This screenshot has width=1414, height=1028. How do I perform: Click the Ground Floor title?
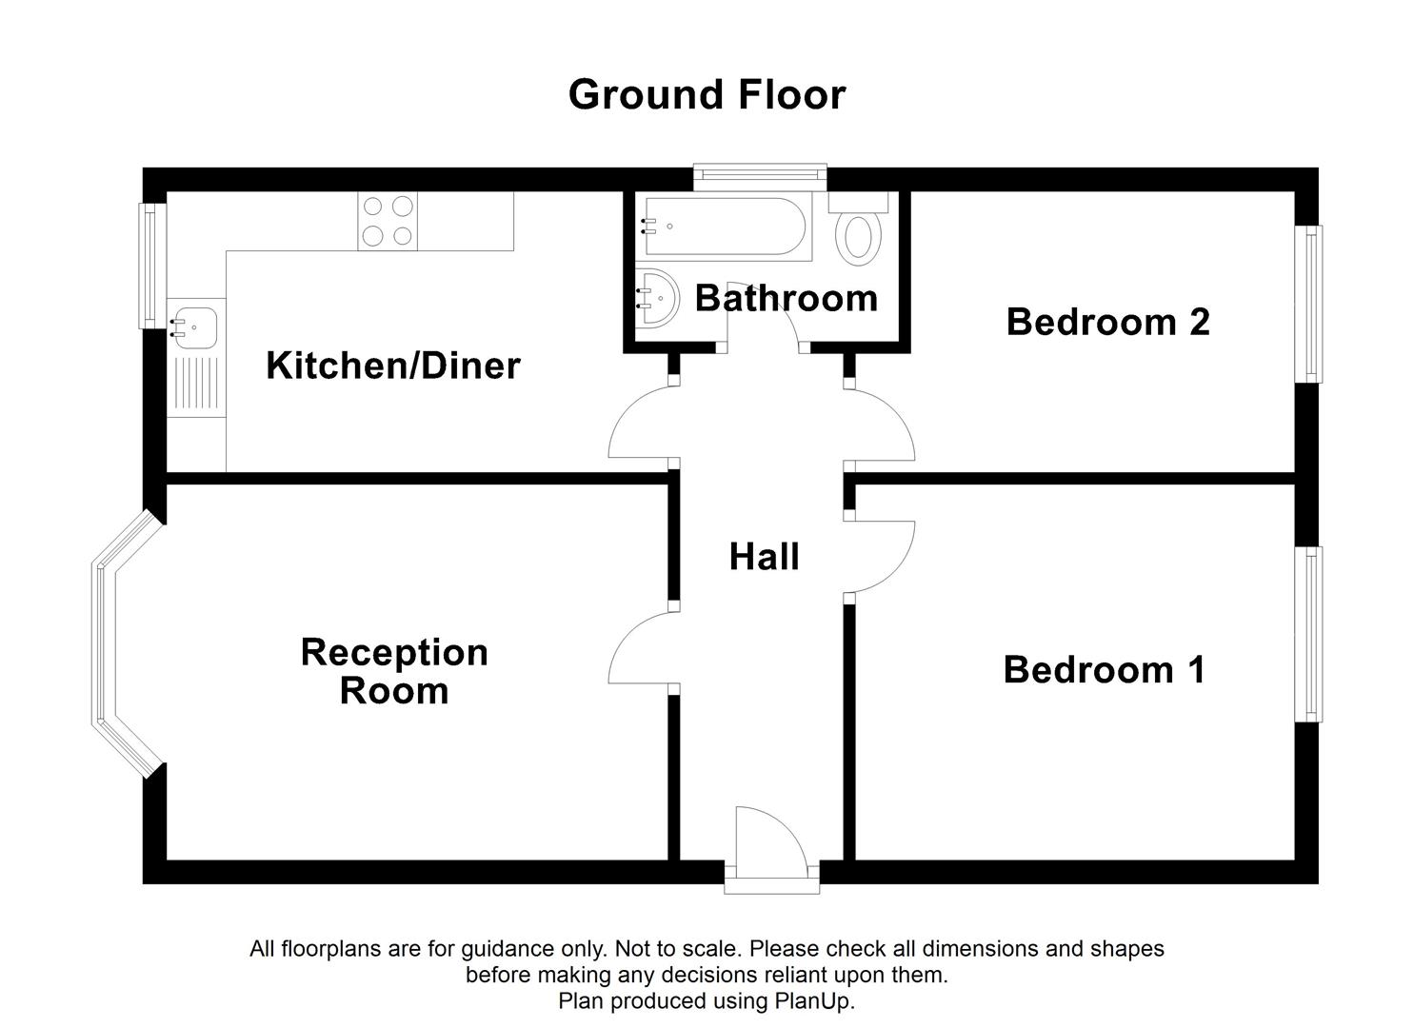[707, 95]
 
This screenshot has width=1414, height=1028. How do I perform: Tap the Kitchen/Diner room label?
[392, 366]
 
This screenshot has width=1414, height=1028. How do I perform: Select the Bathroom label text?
[786, 298]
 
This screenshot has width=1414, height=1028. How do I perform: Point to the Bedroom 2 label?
[1107, 322]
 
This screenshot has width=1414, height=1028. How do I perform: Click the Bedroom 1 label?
[1105, 670]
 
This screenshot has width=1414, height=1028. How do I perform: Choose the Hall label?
[764, 557]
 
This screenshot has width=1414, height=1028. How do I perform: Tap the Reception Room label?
[394, 671]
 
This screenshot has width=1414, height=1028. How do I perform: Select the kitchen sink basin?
[194, 324]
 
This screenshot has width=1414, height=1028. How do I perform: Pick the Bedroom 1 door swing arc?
[883, 557]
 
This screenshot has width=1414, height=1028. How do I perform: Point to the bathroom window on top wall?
[759, 173]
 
